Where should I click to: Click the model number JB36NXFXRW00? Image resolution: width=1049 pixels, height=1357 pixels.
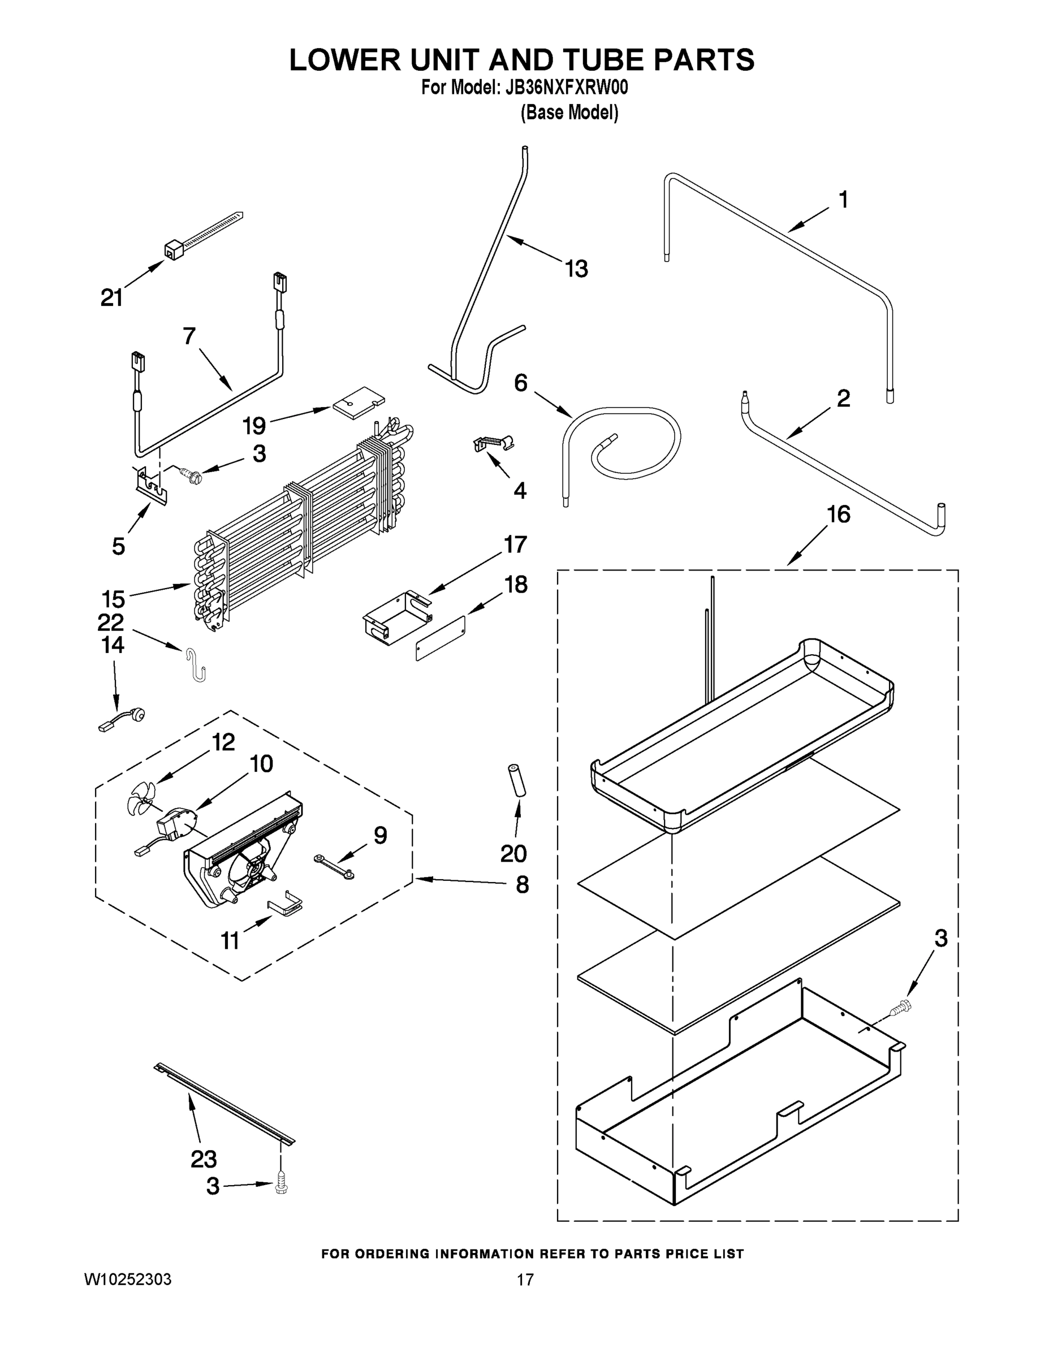pos(566,88)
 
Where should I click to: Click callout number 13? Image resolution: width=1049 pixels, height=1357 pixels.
pos(576,269)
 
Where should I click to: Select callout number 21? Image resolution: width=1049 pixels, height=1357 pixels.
pos(112,298)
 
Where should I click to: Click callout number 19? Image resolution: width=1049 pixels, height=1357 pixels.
pos(254,426)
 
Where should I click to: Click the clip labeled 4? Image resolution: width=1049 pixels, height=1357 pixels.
pos(494,443)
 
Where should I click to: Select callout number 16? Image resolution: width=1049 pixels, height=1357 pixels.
pos(838,515)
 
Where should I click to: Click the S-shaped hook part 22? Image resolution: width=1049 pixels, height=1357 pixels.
pos(196,664)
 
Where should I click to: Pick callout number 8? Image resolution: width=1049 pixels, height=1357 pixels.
pos(522,885)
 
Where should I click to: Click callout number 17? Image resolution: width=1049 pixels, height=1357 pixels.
pos(515,544)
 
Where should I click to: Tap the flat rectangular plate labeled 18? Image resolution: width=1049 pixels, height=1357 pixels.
pos(440,639)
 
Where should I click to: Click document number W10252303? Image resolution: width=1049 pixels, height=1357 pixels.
pos(127,1280)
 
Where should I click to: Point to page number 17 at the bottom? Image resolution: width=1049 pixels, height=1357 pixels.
pos(525,1280)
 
